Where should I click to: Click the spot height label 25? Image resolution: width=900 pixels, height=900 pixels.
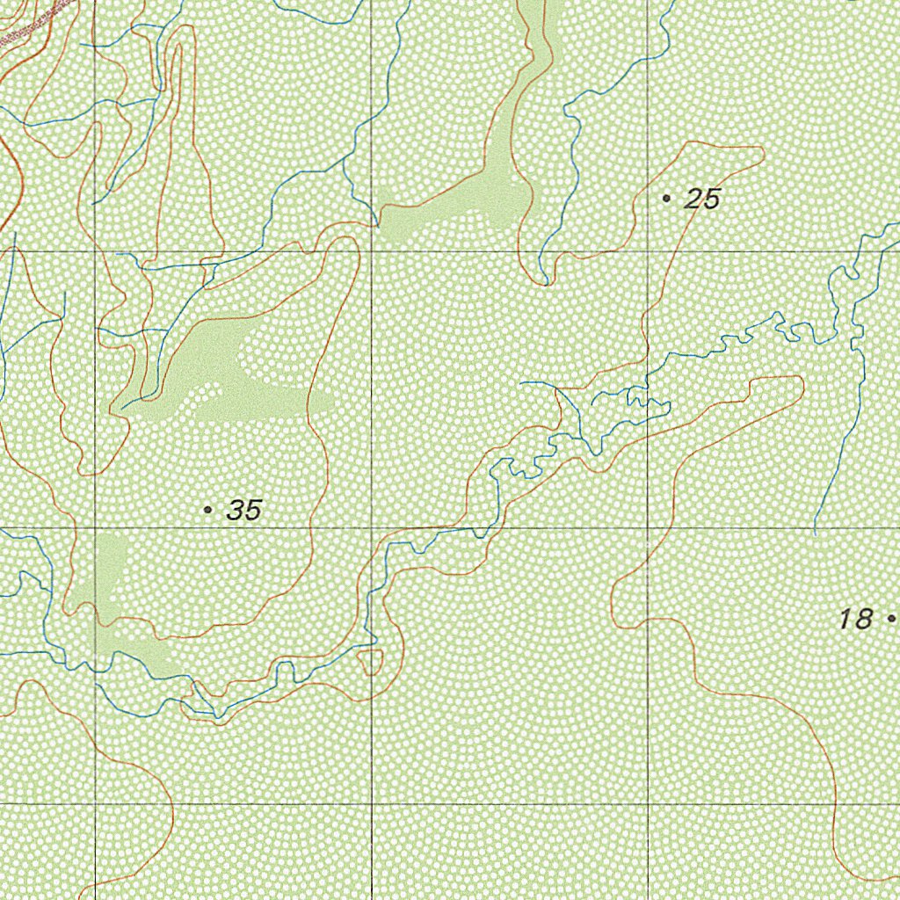[x=702, y=200]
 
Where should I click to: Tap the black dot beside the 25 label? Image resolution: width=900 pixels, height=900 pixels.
[x=666, y=200]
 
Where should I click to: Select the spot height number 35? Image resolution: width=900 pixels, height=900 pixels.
[x=243, y=510]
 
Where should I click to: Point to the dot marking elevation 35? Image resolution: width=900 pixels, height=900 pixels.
[x=207, y=510]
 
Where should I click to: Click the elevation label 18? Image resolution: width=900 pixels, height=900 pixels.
[x=854, y=619]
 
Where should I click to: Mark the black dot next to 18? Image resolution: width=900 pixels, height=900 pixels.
[x=891, y=619]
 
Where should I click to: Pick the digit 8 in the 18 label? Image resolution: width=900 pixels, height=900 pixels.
[x=863, y=619]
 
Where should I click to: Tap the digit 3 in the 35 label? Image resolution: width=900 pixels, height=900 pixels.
[x=236, y=510]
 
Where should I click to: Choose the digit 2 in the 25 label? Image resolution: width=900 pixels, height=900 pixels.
[x=693, y=200]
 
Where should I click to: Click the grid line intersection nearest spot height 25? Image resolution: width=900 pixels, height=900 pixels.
[x=648, y=251]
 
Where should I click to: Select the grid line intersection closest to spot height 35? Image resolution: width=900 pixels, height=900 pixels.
[x=95, y=528]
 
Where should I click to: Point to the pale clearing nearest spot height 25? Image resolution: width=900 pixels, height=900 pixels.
[x=475, y=198]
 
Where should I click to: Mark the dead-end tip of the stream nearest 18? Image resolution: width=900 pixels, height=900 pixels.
[x=815, y=533]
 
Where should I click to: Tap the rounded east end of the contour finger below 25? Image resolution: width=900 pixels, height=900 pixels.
[x=801, y=383]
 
